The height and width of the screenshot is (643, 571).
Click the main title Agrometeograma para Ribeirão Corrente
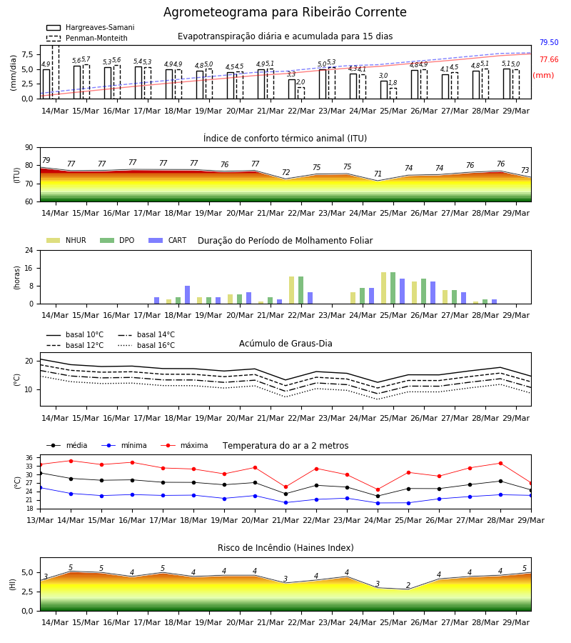pos(285,12)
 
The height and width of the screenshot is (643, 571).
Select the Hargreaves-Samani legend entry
pos(91,27)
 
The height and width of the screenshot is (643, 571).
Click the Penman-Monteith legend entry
pos(87,38)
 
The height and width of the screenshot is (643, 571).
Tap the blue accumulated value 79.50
pos(549,42)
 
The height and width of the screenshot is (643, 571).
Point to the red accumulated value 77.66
pos(549,59)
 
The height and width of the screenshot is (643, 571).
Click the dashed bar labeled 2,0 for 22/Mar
pos(301,93)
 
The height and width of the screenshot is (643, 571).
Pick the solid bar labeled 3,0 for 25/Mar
pos(384,90)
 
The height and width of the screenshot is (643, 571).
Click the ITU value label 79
pos(46,160)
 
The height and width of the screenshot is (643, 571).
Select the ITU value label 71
pos(378,174)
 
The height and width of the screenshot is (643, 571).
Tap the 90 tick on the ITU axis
pos(29,148)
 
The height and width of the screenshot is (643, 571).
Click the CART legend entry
pos(168,240)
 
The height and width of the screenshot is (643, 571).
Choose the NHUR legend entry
pos(66,240)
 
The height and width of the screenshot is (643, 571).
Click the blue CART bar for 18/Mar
pos(187,295)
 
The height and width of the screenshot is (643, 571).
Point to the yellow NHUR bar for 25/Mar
pos(384,289)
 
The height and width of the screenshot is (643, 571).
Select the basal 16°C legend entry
pos(146,345)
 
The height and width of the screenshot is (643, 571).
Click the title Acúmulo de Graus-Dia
pos(285,344)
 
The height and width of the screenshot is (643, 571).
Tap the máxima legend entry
pos(184,445)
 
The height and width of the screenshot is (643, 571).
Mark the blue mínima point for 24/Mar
pos(378,503)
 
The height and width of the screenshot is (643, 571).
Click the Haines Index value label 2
pos(408,585)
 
